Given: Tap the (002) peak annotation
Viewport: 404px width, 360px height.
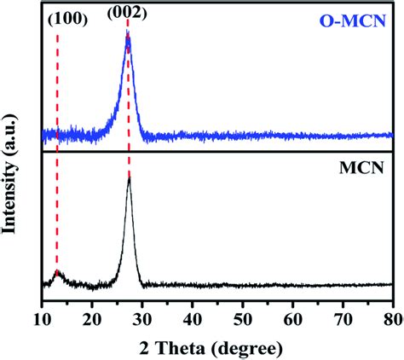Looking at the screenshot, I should [127, 15].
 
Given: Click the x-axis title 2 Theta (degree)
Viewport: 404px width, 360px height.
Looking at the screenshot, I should [216, 347].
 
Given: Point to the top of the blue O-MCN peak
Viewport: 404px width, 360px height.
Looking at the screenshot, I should [128, 36].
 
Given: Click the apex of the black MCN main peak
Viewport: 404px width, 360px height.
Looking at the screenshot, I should [129, 177].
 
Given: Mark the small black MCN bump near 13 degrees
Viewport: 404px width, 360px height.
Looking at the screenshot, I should [57, 272].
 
